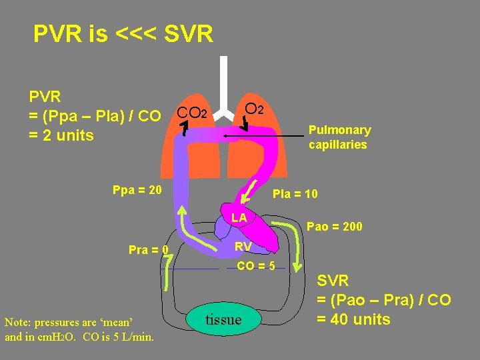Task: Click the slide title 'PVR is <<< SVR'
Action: [123, 34]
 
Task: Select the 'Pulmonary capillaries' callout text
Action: [339, 137]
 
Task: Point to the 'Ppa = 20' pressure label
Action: [137, 190]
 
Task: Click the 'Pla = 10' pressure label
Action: [295, 194]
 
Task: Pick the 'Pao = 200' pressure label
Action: [335, 227]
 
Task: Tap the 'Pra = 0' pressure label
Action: [148, 251]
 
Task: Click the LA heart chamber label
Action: [239, 218]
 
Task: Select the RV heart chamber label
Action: [243, 247]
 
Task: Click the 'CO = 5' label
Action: [256, 267]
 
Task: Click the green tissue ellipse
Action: [223, 319]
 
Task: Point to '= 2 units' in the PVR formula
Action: [61, 135]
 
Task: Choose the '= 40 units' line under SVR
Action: [353, 319]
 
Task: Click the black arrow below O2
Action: [245, 123]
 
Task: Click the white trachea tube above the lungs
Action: [224, 83]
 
